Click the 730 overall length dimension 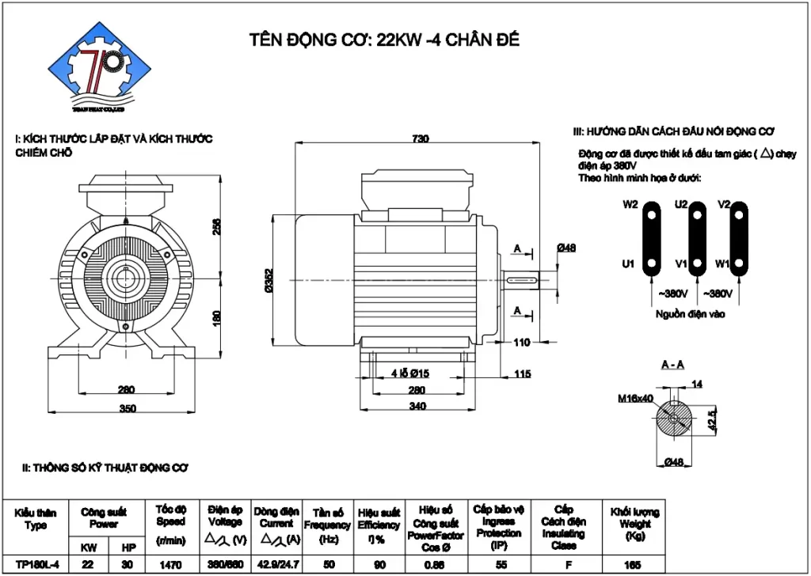[x=420, y=138]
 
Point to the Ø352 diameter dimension [x=269, y=282]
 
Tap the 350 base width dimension [x=128, y=409]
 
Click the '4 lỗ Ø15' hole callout [x=410, y=373]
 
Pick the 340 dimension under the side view [x=417, y=407]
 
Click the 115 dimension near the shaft [x=521, y=374]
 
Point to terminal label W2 [x=630, y=204]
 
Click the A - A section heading [x=673, y=365]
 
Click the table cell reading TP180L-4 [x=35, y=565]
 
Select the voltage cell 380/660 [x=225, y=565]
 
